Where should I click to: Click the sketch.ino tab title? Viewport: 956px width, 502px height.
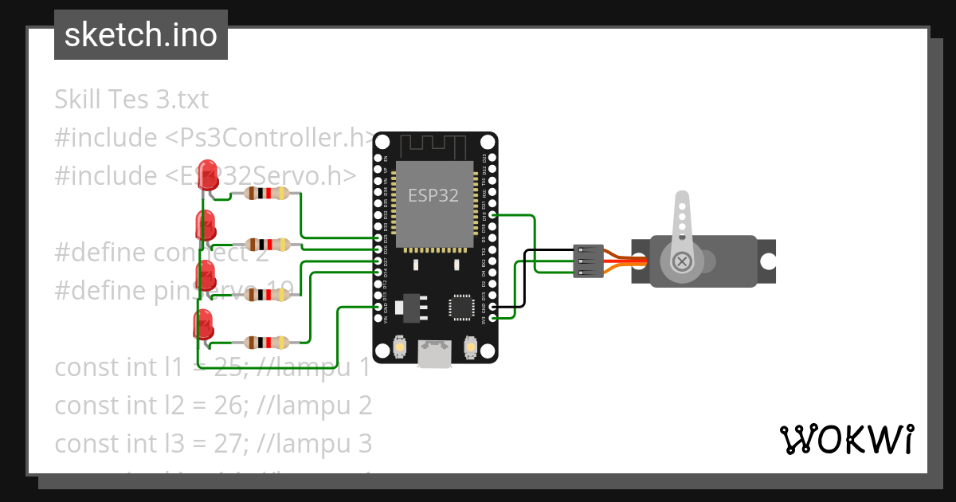point(140,35)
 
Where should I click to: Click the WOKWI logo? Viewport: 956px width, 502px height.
point(846,439)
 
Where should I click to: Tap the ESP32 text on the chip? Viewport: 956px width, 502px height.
point(433,195)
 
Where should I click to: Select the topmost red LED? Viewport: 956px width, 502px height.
point(209,175)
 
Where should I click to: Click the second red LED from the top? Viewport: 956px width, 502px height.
point(205,226)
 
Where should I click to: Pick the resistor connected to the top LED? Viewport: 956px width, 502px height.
point(267,193)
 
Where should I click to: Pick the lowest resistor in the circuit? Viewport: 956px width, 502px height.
point(267,343)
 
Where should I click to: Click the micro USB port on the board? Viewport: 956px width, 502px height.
point(435,354)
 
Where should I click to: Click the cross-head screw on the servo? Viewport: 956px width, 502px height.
point(682,261)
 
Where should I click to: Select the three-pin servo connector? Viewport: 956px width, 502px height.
point(588,261)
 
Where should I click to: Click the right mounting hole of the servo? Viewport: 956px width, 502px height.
point(768,261)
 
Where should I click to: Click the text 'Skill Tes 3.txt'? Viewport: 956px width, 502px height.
point(131,100)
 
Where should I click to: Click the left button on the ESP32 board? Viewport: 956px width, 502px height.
point(400,348)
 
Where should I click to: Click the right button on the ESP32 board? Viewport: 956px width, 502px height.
point(470,348)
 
